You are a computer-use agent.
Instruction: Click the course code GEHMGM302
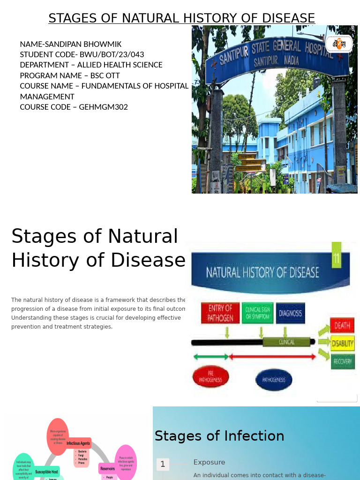(103, 107)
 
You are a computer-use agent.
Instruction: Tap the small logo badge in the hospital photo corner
(339, 44)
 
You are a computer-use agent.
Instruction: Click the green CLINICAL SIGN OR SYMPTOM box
(257, 313)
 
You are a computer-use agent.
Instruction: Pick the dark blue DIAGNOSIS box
(290, 313)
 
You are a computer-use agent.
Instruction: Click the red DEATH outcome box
(342, 325)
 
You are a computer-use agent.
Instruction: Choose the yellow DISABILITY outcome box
(342, 344)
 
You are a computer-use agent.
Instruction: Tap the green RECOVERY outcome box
(342, 361)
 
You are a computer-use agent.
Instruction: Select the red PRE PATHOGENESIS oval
(210, 377)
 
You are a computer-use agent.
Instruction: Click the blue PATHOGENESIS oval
(273, 380)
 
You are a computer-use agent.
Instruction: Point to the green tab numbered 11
(337, 255)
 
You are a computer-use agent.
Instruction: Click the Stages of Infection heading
(219, 436)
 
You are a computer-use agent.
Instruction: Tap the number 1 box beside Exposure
(163, 464)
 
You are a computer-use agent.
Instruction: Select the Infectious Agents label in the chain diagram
(78, 443)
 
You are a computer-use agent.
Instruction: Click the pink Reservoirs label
(107, 468)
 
